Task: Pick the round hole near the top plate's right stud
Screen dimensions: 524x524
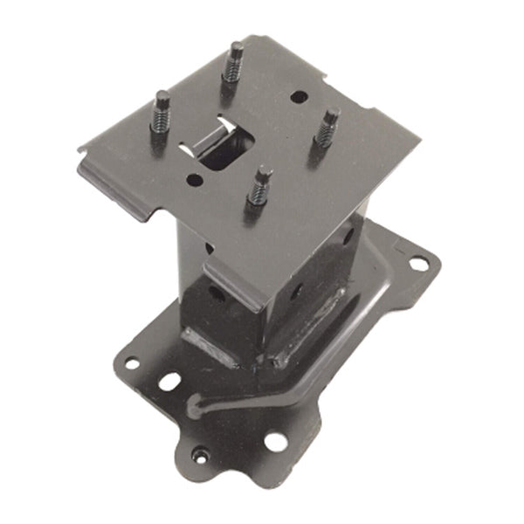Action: pyautogui.click(x=299, y=97)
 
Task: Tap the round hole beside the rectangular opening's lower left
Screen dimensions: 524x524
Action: pyautogui.click(x=194, y=181)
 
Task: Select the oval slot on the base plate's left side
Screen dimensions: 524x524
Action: pyautogui.click(x=168, y=383)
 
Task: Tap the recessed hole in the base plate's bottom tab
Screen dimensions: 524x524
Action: pyautogui.click(x=202, y=454)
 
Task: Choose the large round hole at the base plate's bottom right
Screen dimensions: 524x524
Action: pyautogui.click(x=274, y=441)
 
